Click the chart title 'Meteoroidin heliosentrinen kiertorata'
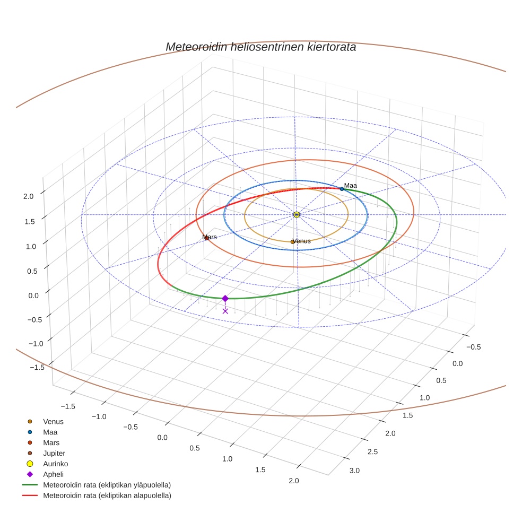click(x=260, y=47)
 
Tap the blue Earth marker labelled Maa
click(x=342, y=188)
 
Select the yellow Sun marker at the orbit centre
click(x=297, y=214)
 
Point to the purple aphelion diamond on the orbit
click(x=225, y=298)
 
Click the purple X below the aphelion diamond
click(x=225, y=311)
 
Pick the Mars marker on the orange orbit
click(x=206, y=238)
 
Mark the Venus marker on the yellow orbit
click(x=292, y=241)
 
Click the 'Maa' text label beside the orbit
click(x=351, y=186)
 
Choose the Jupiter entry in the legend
click(x=54, y=453)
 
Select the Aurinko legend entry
click(x=55, y=464)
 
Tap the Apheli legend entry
click(x=53, y=474)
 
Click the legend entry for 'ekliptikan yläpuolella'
click(x=107, y=485)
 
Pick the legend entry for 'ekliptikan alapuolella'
click(x=107, y=495)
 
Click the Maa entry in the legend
click(x=50, y=432)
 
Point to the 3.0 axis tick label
click(x=354, y=471)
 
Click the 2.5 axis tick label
click(x=373, y=451)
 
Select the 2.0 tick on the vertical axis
click(x=28, y=196)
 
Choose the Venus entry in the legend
click(x=53, y=421)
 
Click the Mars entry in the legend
click(x=51, y=442)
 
